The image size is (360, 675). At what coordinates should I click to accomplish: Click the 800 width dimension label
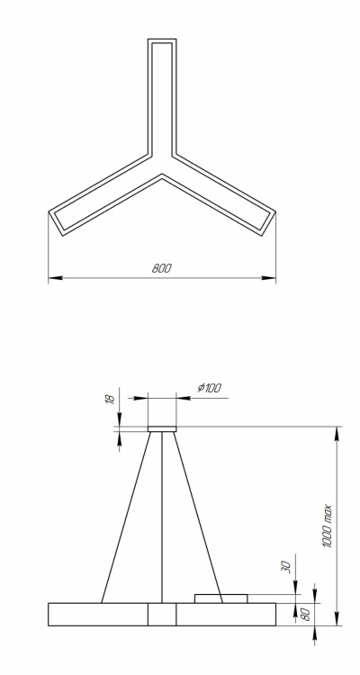coord(161,268)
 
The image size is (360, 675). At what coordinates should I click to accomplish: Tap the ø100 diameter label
coord(210,388)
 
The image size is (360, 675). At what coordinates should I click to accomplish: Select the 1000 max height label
coord(328,526)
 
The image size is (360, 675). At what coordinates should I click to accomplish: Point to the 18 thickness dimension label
coord(111,399)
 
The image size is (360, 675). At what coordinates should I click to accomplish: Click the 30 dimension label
coord(287,566)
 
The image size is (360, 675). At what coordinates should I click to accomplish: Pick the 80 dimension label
coord(305,615)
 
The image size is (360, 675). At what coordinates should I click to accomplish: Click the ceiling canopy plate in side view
coord(162,428)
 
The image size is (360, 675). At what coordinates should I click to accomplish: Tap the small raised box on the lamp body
coord(220,598)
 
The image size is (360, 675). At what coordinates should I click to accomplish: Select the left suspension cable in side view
coord(126,517)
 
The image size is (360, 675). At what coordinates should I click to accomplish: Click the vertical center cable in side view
coord(162,517)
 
